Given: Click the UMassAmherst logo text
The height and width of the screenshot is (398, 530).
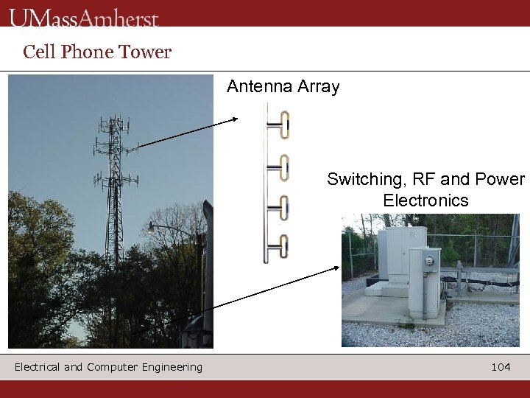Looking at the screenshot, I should click(x=84, y=17).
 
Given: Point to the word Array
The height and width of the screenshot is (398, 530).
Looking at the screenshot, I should click(x=317, y=87).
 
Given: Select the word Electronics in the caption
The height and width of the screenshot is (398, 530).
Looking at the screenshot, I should click(x=425, y=200).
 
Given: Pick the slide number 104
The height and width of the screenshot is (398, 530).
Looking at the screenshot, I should click(x=501, y=367).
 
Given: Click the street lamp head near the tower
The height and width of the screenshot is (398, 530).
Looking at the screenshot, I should click(x=151, y=227).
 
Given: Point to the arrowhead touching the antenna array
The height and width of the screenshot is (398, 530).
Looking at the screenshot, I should click(x=235, y=119).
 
